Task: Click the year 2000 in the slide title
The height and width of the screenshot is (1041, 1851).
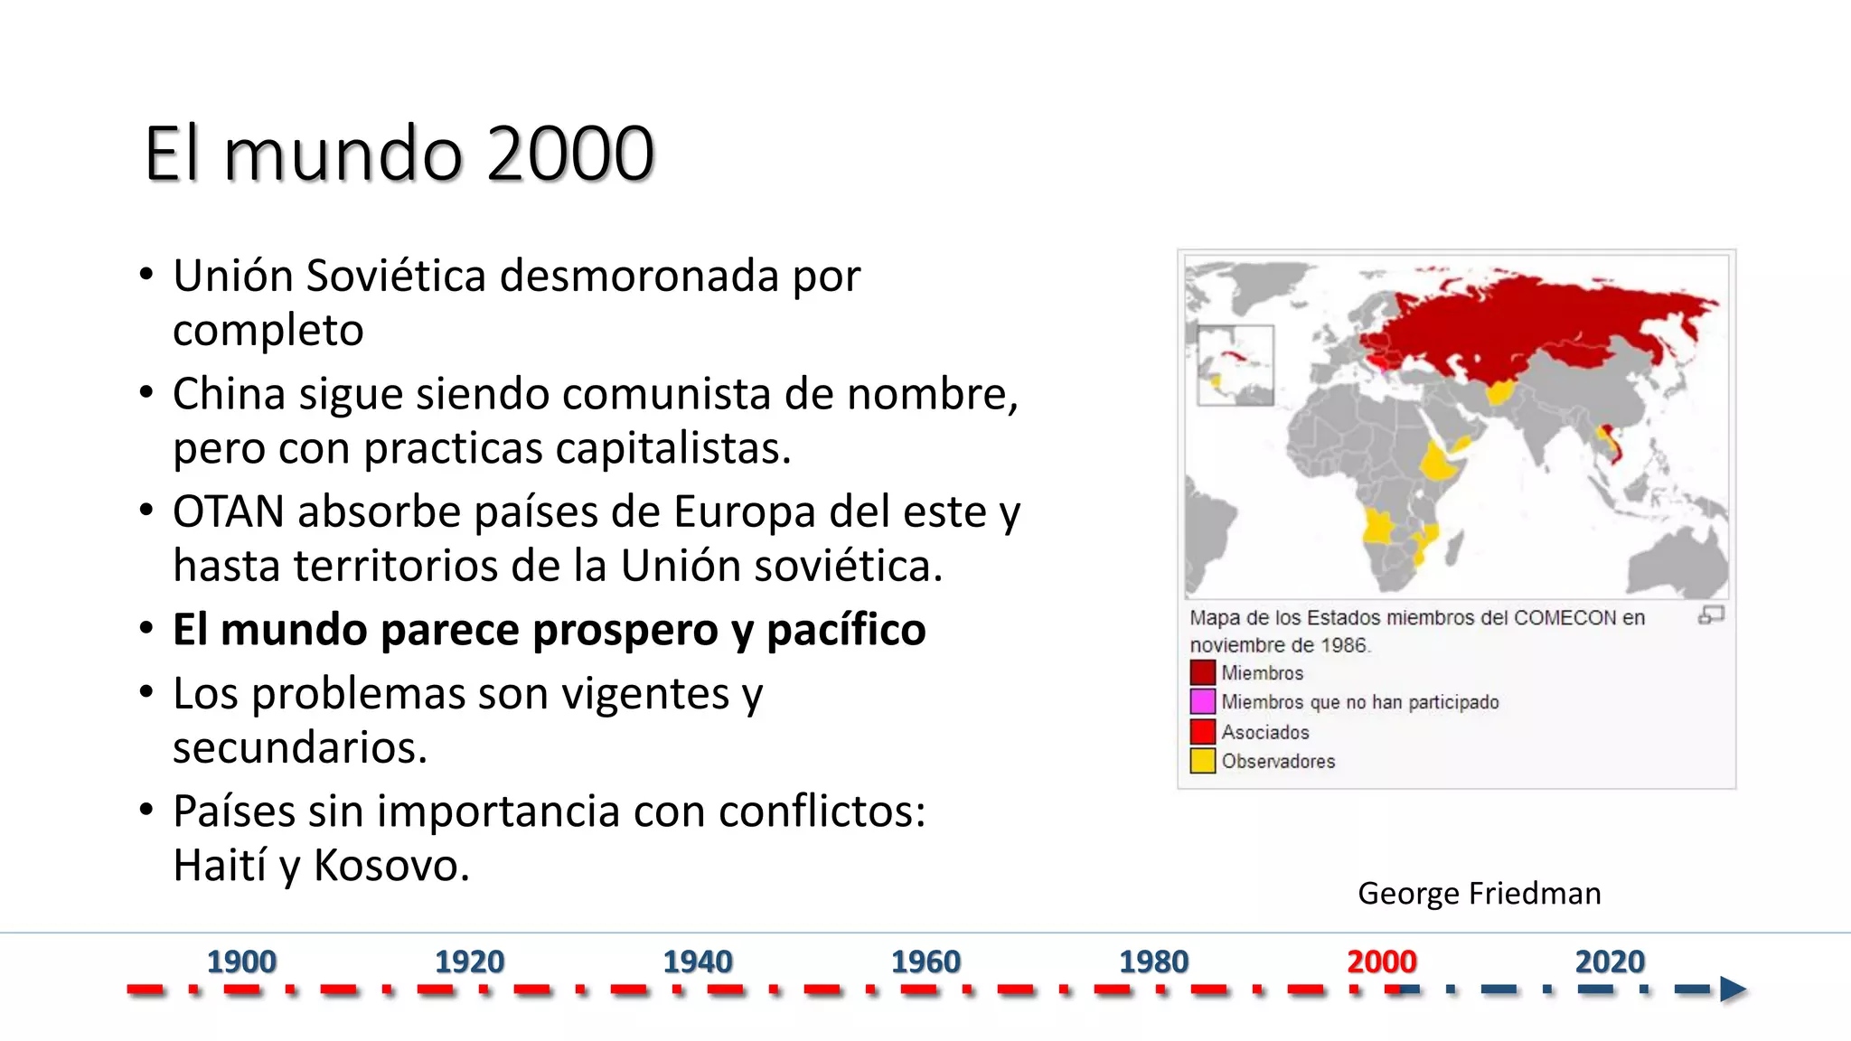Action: click(x=570, y=154)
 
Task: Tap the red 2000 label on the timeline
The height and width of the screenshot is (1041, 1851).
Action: click(x=1381, y=961)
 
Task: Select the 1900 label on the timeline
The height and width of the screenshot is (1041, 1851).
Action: click(x=241, y=961)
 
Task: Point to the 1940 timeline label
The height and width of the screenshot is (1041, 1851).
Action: click(x=698, y=961)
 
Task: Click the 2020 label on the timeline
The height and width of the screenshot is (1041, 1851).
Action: click(x=1610, y=961)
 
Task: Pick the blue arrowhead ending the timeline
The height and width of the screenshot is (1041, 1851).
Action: click(x=1733, y=989)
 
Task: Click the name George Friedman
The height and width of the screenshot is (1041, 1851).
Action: click(x=1479, y=894)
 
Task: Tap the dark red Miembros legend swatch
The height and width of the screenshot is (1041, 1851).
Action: click(x=1202, y=673)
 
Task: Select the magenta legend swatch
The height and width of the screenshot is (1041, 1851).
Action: click(x=1202, y=702)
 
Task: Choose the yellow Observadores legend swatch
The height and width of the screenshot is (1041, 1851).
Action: click(x=1202, y=761)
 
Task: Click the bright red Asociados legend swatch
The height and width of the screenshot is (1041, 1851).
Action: click(x=1202, y=731)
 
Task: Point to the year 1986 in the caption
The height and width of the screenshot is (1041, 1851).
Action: click(x=1343, y=645)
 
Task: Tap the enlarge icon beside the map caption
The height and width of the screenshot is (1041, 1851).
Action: click(x=1711, y=615)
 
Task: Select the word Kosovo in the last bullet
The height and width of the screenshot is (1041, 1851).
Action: click(x=390, y=866)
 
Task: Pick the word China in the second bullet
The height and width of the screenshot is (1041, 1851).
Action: click(x=229, y=395)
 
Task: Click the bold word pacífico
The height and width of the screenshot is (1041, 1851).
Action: click(x=846, y=630)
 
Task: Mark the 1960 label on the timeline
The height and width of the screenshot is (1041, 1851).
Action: click(x=925, y=961)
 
